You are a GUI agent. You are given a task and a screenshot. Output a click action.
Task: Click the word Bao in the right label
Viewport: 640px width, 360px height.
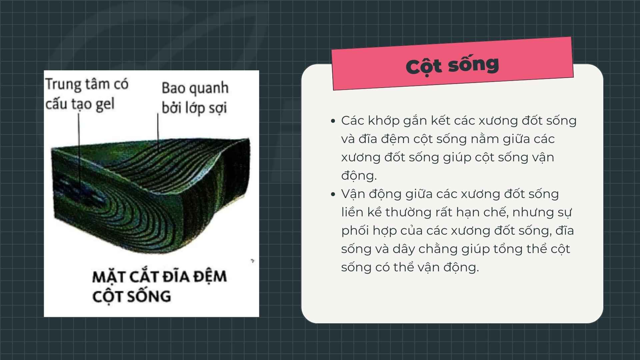coord(172,88)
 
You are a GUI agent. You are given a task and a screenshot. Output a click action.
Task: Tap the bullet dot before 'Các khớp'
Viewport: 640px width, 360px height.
coord(333,121)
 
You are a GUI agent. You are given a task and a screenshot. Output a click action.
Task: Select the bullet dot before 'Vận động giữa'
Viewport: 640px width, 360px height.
coord(333,194)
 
